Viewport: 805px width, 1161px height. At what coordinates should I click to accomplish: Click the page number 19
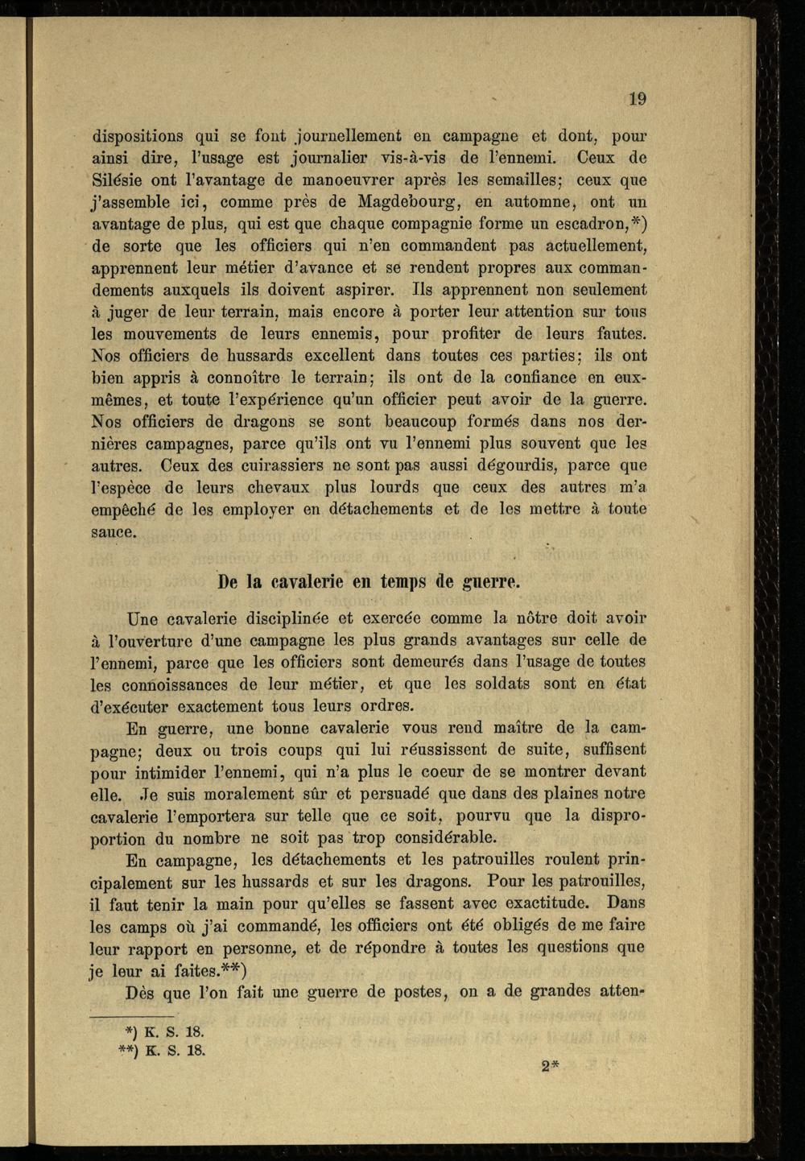tap(637, 99)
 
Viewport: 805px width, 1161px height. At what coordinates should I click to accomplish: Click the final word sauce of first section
tap(114, 531)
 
